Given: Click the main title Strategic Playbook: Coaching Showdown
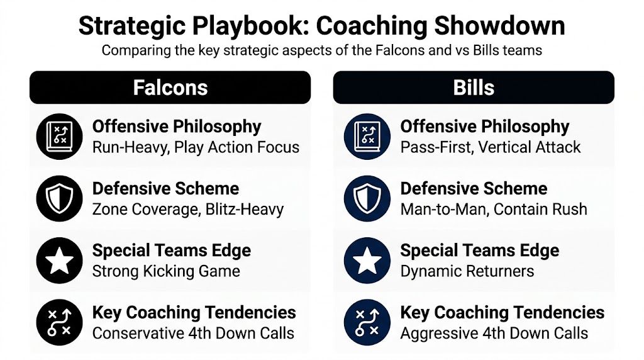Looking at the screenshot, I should [x=321, y=26].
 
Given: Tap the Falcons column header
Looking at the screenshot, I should [x=170, y=87].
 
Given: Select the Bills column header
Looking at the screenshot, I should [x=474, y=87].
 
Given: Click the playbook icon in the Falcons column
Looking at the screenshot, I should [x=60, y=137].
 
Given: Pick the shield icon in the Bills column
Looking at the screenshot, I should [x=367, y=198].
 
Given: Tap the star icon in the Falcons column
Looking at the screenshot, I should [x=60, y=260].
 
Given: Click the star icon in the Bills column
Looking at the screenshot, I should [x=367, y=260].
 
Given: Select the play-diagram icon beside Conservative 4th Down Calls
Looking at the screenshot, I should [x=60, y=322].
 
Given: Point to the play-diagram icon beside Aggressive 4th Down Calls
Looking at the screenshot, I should [x=367, y=322].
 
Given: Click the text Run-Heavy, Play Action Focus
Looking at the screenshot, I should [x=196, y=147].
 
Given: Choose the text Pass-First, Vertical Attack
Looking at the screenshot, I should [x=491, y=147].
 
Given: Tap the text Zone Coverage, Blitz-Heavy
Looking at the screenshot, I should [x=188, y=209].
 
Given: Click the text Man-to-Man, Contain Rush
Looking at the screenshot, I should [x=494, y=209].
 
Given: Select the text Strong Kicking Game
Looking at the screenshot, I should [x=166, y=271].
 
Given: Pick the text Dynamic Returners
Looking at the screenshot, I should [x=467, y=271].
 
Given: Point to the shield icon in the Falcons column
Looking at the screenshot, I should [x=60, y=198].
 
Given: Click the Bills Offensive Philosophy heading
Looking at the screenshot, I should [x=485, y=127].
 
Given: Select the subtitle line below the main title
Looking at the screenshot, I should [x=321, y=50].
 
